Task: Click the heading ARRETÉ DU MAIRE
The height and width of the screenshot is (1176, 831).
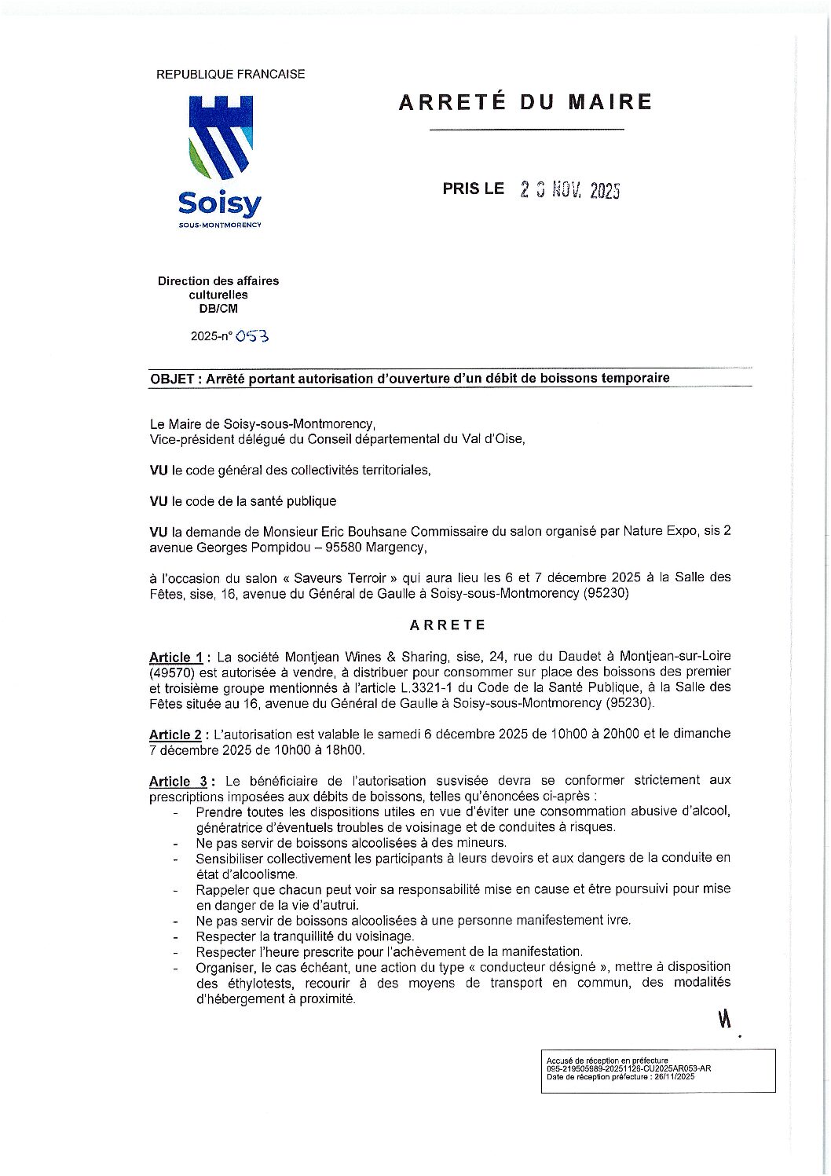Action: point(525,102)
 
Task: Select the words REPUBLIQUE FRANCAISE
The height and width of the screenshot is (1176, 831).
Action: point(231,75)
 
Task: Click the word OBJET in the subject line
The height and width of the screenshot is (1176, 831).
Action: point(173,379)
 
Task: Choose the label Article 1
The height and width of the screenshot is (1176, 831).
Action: point(176,658)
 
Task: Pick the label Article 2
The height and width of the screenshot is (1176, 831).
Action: point(176,735)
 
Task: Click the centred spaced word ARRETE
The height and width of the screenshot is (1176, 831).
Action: point(448,625)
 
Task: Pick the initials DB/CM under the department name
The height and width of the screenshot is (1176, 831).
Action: point(218,309)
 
